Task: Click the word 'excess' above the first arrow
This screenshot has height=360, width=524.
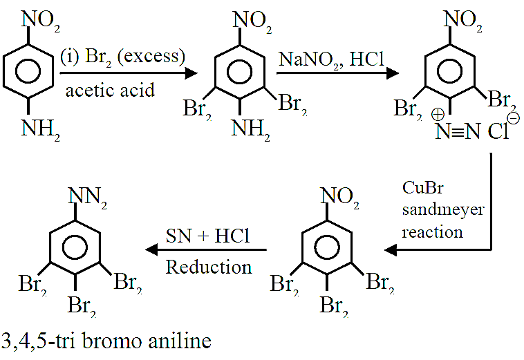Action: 151,56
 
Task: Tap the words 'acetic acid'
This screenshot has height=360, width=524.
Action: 111,90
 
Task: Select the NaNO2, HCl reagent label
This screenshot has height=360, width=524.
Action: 332,59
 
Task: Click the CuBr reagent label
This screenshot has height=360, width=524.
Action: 423,188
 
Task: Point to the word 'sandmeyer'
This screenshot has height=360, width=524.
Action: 443,210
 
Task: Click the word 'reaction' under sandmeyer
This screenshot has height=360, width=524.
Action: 433,232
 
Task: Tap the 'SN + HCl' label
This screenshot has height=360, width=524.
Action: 208,236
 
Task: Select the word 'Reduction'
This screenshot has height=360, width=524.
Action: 209,267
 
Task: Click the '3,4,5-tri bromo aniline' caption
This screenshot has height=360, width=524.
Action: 106,341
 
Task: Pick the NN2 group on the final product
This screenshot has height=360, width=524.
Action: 88,198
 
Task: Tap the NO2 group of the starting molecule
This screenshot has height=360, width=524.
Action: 41,21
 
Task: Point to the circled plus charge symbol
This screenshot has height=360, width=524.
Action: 438,115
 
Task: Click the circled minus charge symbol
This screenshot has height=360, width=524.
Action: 514,118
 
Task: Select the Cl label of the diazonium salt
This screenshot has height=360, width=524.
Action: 498,131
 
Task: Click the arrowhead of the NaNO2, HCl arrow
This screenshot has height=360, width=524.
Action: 393,73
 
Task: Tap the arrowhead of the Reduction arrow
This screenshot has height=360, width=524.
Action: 151,249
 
